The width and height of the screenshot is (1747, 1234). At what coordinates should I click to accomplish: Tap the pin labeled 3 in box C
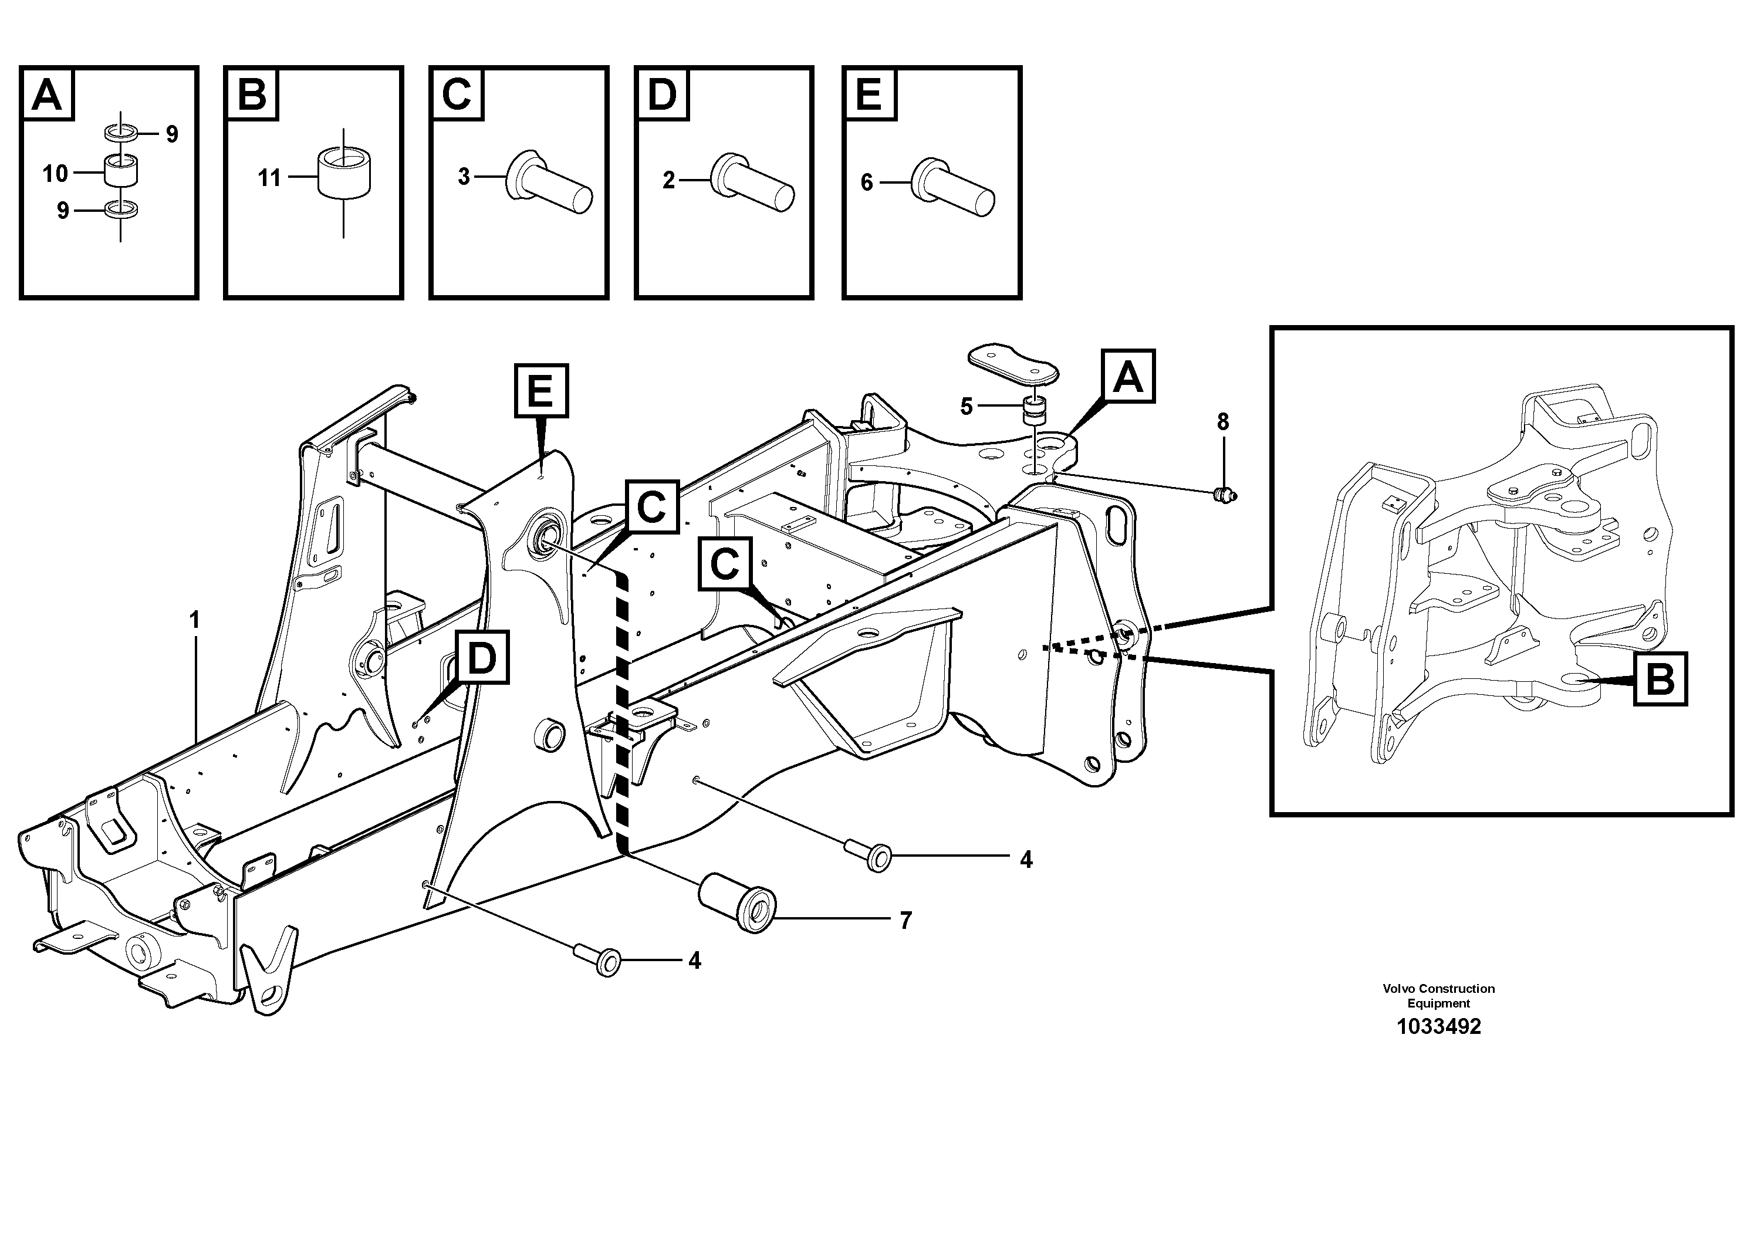(548, 183)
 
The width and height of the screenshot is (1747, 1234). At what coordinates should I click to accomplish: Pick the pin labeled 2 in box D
(752, 182)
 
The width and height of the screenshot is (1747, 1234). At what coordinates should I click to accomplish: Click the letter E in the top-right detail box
(869, 94)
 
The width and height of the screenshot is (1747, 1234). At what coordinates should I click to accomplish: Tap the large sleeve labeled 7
(737, 903)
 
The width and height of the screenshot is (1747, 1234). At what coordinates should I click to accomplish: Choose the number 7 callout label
(905, 921)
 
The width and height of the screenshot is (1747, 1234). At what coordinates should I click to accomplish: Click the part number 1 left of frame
(195, 621)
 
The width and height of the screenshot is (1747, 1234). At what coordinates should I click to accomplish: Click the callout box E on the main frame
(541, 391)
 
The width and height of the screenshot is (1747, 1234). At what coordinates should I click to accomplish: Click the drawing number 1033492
(1438, 1027)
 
